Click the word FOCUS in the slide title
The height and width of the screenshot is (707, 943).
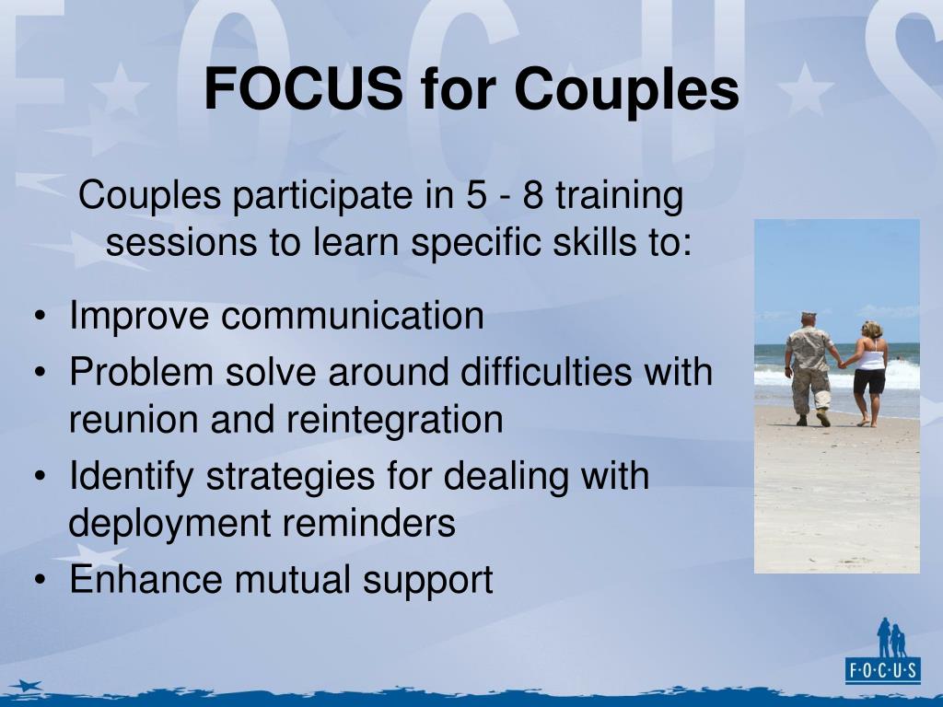point(303,89)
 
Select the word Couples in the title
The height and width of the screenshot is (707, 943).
point(626,89)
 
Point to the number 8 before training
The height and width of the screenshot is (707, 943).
point(532,196)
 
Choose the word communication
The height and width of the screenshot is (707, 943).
point(351,316)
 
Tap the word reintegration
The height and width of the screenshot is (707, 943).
point(394,421)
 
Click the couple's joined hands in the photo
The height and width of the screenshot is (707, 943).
point(841,365)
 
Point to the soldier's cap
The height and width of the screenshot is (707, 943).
point(809,316)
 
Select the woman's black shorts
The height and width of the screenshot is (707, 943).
point(869,381)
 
